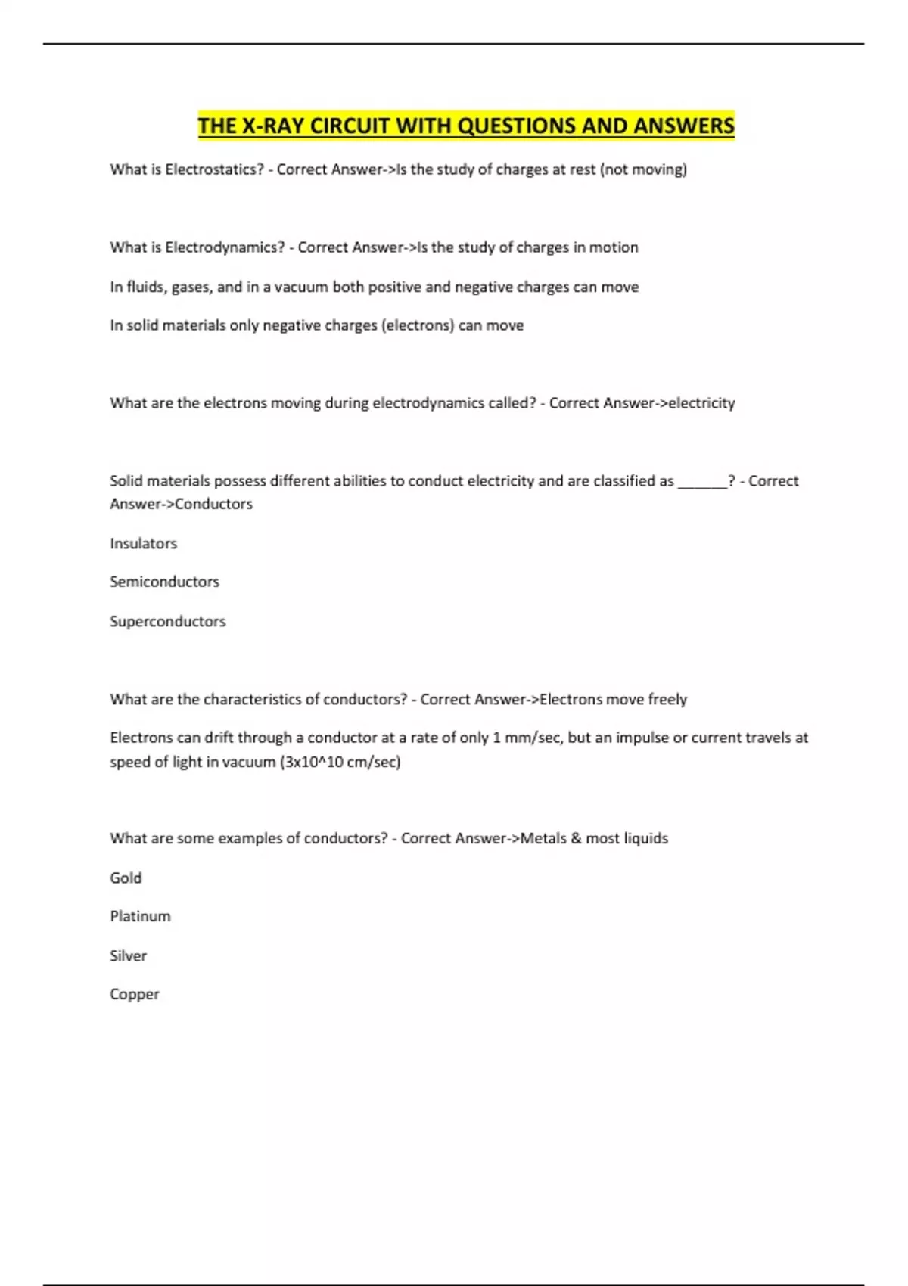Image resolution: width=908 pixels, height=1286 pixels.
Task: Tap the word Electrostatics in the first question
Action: click(211, 169)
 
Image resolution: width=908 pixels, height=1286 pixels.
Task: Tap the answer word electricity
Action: click(701, 403)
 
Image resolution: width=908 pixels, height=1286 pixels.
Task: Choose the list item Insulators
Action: click(143, 543)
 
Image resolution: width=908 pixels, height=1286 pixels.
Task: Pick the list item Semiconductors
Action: click(164, 582)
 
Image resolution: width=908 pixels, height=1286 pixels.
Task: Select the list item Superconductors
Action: click(167, 621)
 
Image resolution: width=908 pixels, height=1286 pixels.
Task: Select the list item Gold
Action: click(126, 878)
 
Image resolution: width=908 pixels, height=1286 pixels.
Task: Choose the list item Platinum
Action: click(140, 916)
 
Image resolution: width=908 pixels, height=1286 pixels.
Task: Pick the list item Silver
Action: click(128, 955)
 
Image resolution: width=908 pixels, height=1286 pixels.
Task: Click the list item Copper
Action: click(135, 994)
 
